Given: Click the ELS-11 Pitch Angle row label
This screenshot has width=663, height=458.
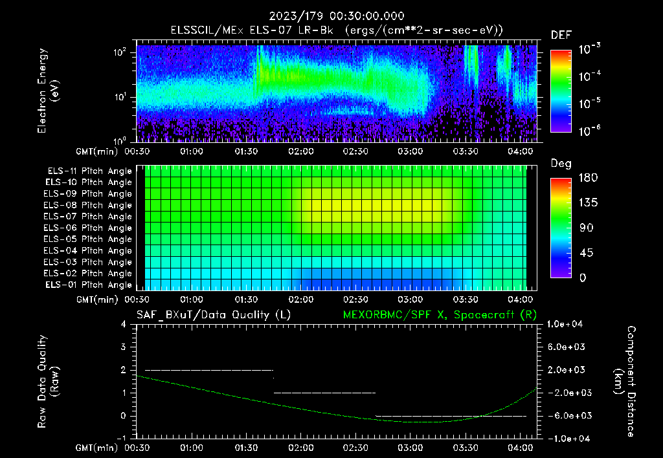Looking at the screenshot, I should click(89, 171).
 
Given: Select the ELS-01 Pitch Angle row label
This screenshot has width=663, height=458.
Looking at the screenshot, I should click(89, 285).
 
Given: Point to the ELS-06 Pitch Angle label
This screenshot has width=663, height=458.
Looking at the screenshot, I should click(89, 228).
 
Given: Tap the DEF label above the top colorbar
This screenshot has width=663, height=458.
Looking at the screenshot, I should click(561, 36).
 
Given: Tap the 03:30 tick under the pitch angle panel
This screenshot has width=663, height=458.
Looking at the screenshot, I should click(466, 300).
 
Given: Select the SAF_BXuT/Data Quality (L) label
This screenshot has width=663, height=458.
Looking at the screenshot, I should click(213, 315).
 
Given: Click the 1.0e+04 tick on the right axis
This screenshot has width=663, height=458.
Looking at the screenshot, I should click(567, 324).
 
